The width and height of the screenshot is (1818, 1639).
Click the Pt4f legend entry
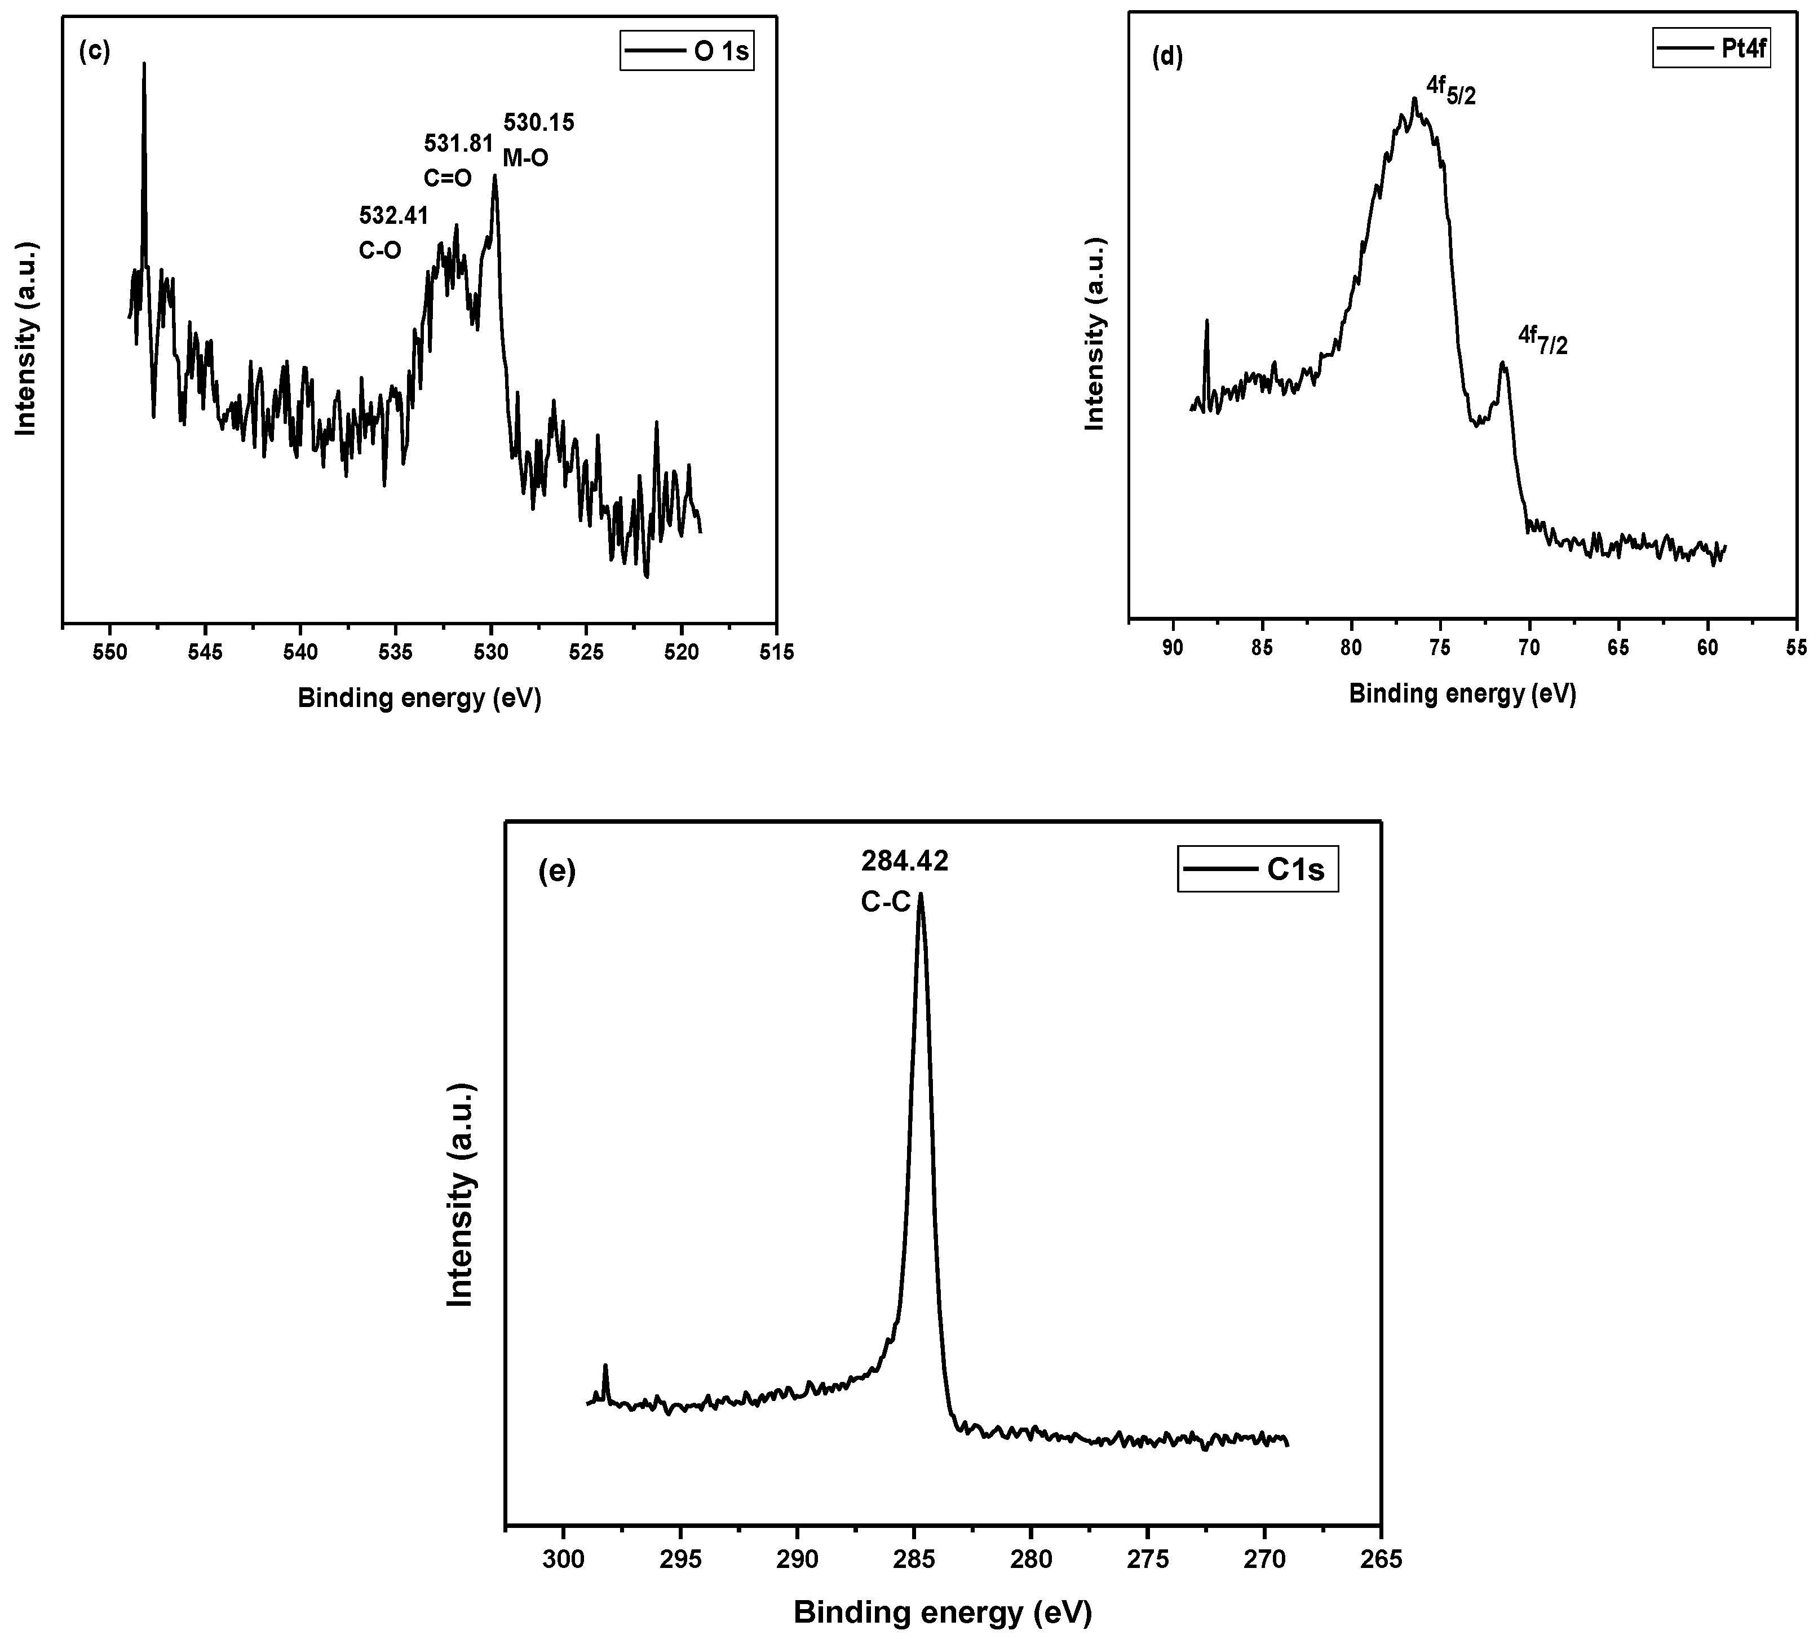(x=1712, y=48)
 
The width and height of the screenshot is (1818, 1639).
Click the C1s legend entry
(x=1257, y=870)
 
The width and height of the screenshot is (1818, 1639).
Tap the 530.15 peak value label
(x=538, y=122)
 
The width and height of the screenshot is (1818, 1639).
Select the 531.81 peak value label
(x=458, y=143)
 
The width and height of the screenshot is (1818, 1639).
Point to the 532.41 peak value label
(x=393, y=215)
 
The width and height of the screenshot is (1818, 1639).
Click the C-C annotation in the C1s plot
(x=886, y=902)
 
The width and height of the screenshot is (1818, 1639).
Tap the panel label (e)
(x=556, y=872)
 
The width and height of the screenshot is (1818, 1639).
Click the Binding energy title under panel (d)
(x=1462, y=693)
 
